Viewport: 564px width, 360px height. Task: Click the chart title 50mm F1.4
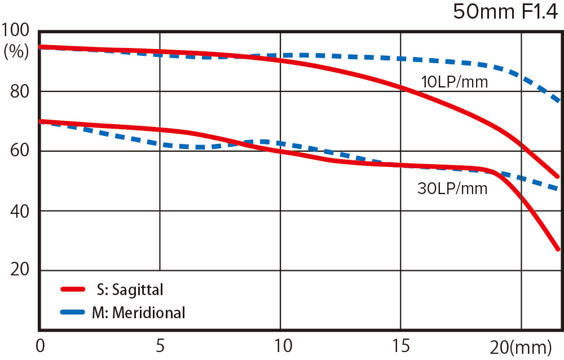[x=505, y=13]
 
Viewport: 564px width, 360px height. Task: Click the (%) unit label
[x=16, y=52]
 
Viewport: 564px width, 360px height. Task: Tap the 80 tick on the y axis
[x=20, y=92]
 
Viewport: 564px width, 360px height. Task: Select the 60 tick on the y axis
[x=20, y=151]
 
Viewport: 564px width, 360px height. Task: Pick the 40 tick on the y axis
[x=20, y=211]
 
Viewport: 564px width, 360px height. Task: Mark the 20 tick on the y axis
[x=20, y=270]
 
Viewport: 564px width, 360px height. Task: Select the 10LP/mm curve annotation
[x=455, y=83]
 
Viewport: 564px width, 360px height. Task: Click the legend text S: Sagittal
[x=130, y=290]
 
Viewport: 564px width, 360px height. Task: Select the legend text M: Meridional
[x=138, y=313]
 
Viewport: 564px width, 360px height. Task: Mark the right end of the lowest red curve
[x=557, y=248]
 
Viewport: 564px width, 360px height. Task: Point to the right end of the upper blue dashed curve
[x=557, y=100]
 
